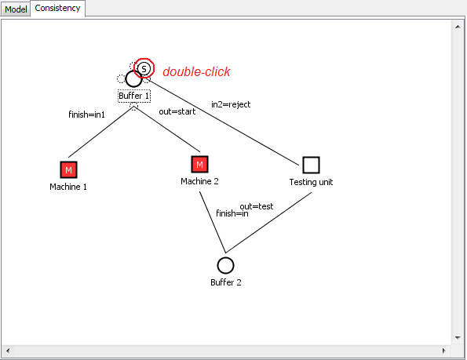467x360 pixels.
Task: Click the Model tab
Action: click(x=16, y=9)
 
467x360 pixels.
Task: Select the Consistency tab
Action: click(x=57, y=8)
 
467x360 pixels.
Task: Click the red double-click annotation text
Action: click(x=196, y=71)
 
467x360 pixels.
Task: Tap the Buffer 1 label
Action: click(x=134, y=96)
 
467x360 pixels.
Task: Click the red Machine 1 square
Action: click(x=68, y=170)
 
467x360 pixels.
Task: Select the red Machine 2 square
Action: click(x=199, y=164)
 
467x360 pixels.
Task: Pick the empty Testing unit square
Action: click(x=312, y=165)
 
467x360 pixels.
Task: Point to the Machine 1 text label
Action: click(x=68, y=187)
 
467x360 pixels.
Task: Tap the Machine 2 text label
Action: click(x=199, y=181)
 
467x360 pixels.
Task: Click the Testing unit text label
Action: click(x=311, y=182)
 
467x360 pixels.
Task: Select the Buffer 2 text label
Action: click(x=226, y=282)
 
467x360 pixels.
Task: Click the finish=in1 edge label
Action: click(x=86, y=115)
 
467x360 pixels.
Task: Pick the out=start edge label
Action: click(x=177, y=111)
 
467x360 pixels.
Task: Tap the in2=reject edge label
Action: click(x=231, y=104)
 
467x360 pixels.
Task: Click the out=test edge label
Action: click(x=257, y=206)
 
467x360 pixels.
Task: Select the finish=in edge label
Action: click(x=232, y=213)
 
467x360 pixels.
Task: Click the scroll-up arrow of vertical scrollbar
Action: click(x=458, y=27)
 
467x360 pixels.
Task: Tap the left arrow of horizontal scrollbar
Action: click(x=8, y=351)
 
